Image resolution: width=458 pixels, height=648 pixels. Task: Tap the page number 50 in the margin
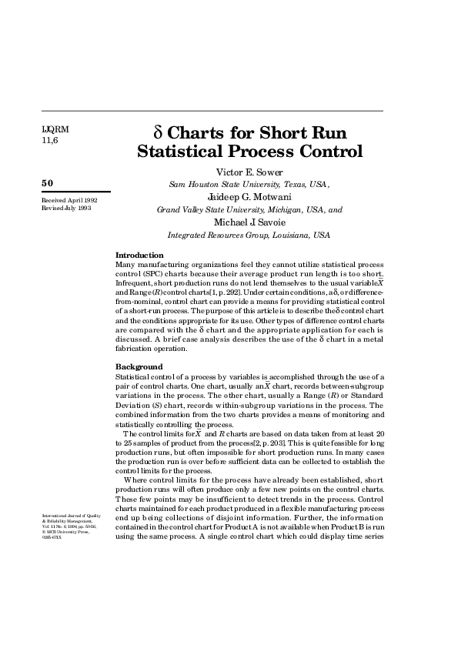coord(47,183)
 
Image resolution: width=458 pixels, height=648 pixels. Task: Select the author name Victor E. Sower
coord(249,171)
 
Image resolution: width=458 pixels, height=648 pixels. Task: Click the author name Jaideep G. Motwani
coord(249,196)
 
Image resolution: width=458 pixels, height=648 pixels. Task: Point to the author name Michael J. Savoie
coord(249,222)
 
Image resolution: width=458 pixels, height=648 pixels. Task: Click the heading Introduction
coord(139,255)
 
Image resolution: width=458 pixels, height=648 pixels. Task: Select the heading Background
coord(139,366)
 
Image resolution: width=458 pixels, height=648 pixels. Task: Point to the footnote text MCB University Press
coord(64,531)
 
